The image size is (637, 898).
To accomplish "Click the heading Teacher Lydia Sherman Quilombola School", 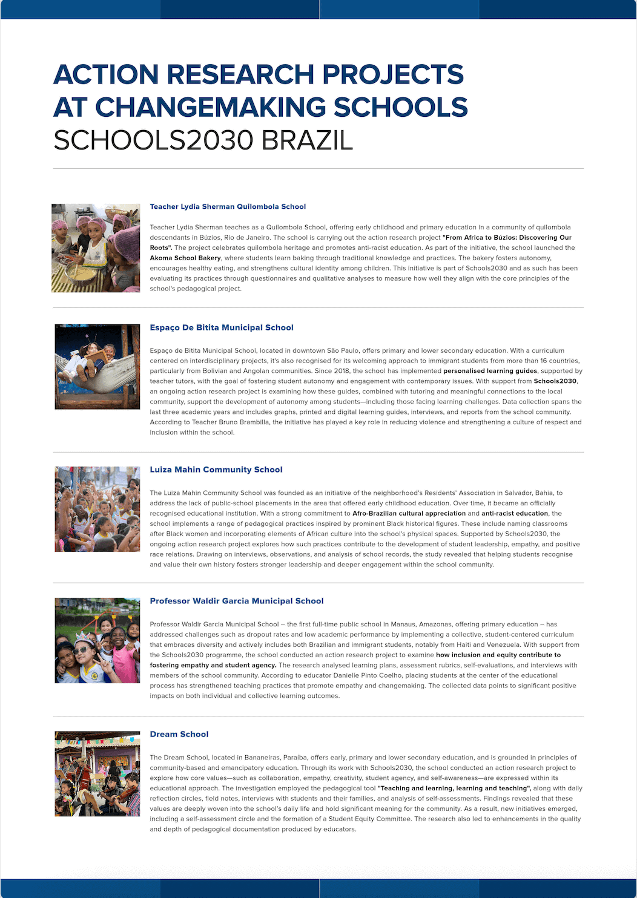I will coord(228,207).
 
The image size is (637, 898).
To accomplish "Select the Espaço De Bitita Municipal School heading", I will coord(222,328).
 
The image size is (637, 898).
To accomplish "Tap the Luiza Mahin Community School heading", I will coord(216,470).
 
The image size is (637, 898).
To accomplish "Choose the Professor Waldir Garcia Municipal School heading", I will coord(237,601).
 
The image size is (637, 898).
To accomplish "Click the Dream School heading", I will coord(179,735).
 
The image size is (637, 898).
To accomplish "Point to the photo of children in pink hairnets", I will coord(96,248).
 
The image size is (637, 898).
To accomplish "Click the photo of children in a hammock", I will coord(97,367).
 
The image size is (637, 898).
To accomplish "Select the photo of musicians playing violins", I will coord(97,774).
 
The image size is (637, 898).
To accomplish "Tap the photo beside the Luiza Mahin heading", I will coord(97,509).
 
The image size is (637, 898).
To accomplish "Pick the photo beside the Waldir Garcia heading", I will coord(97,640).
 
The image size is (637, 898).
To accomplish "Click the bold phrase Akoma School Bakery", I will coord(185,258).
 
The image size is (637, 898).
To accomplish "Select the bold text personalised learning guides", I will coord(490,371).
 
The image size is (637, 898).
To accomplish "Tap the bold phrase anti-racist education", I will coord(515,514).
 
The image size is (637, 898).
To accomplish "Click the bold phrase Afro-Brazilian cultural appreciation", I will coord(409,514).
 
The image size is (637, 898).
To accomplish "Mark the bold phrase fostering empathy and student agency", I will coord(213,666).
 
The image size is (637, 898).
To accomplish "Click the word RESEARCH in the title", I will coord(241,75).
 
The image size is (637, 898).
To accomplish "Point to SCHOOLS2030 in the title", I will coord(153,140).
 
